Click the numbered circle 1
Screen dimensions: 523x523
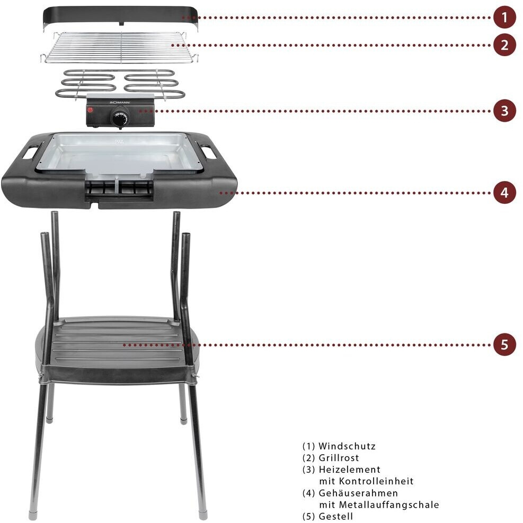click(x=504, y=17)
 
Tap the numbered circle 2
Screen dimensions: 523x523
click(x=504, y=45)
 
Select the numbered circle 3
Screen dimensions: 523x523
click(x=504, y=111)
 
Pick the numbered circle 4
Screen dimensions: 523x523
click(x=504, y=193)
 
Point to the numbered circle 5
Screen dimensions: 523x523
click(x=504, y=345)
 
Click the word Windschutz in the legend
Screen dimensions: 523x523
click(x=347, y=446)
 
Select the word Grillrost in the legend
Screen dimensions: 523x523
click(x=339, y=457)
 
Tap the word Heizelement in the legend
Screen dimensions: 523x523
click(x=350, y=470)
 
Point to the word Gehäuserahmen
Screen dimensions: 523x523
click(x=358, y=493)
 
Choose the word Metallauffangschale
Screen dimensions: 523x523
click(x=389, y=504)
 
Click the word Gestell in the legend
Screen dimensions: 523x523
click(x=335, y=516)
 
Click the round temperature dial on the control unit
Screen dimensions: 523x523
click(x=119, y=118)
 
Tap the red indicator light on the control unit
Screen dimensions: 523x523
click(x=90, y=109)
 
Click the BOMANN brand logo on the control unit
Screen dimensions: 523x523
click(x=120, y=102)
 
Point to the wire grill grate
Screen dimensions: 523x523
click(x=119, y=47)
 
